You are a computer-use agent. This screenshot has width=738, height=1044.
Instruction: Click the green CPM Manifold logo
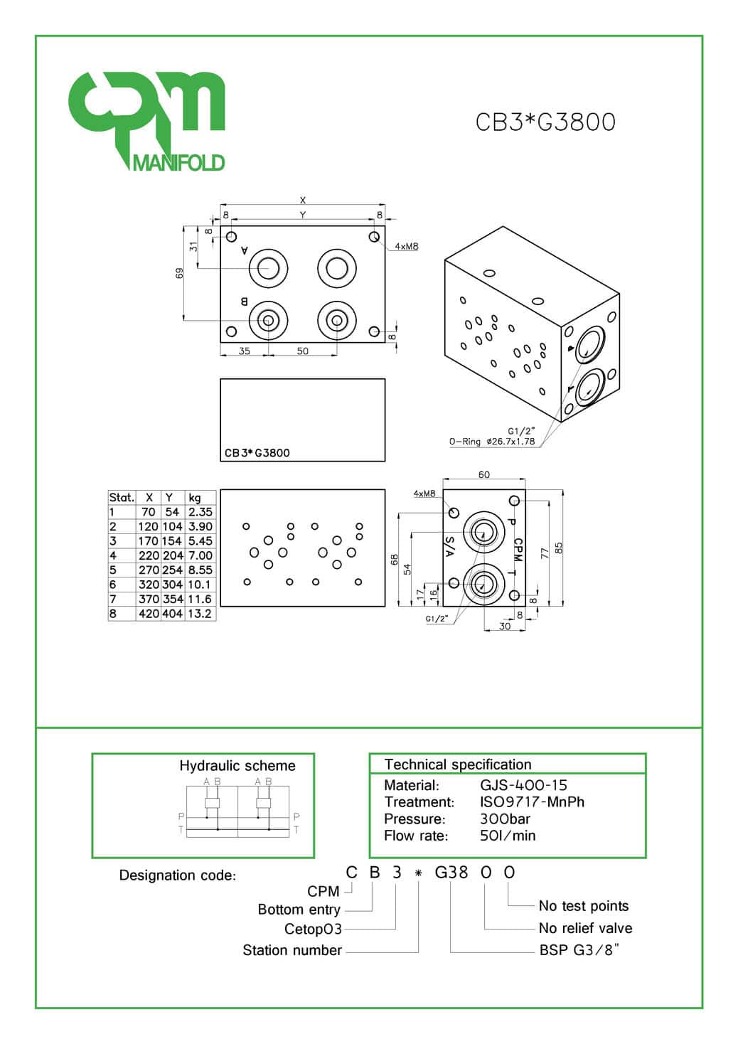pyautogui.click(x=147, y=121)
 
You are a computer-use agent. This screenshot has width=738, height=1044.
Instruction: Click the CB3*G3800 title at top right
pyautogui.click(x=545, y=122)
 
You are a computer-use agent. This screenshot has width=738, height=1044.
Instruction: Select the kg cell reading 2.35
pyautogui.click(x=200, y=512)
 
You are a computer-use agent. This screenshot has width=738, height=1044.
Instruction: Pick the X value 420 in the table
pyautogui.click(x=149, y=614)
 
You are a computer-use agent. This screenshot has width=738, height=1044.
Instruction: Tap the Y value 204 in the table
pyautogui.click(x=173, y=555)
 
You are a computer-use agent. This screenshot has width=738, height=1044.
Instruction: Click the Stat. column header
pyautogui.click(x=122, y=498)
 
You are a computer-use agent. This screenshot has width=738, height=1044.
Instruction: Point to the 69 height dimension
pyautogui.click(x=180, y=273)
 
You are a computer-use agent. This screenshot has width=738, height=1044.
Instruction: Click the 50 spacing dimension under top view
pyautogui.click(x=303, y=351)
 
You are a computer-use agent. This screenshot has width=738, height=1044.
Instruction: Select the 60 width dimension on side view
pyautogui.click(x=484, y=475)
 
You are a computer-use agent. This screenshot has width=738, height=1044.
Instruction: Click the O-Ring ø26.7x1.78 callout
pyautogui.click(x=491, y=442)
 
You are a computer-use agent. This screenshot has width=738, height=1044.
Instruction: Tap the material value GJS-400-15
pyautogui.click(x=523, y=785)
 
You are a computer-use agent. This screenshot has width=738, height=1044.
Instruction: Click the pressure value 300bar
pyautogui.click(x=505, y=819)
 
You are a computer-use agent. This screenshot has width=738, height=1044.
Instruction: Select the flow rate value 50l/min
pyautogui.click(x=508, y=836)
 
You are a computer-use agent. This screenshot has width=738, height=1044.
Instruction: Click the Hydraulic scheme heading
pyautogui.click(x=237, y=766)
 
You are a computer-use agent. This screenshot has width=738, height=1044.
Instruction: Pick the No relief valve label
pyautogui.click(x=585, y=928)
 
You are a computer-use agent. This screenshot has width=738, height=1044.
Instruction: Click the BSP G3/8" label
pyautogui.click(x=579, y=950)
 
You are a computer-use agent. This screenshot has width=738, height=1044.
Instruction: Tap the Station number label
pyautogui.click(x=292, y=950)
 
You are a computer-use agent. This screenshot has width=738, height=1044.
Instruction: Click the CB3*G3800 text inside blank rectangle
pyautogui.click(x=257, y=453)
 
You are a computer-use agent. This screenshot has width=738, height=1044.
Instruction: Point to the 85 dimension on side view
pyautogui.click(x=559, y=548)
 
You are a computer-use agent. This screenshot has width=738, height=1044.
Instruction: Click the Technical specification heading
pyautogui.click(x=458, y=765)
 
